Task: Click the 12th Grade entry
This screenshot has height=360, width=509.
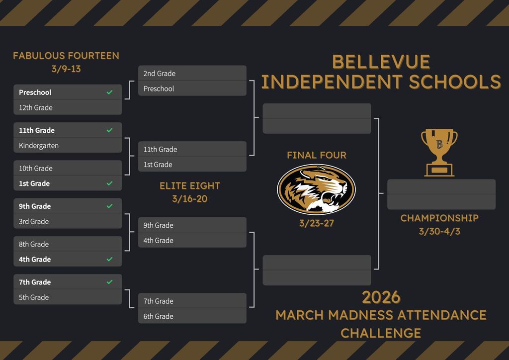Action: [36, 107]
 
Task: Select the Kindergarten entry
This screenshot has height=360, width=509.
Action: [39, 145]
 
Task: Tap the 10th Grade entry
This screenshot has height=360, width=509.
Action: [36, 168]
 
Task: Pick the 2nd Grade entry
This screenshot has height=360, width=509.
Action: [160, 74]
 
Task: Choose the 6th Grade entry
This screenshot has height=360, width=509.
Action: [159, 316]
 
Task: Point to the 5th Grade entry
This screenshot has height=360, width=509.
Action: [34, 297]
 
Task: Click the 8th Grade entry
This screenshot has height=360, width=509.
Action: [34, 244]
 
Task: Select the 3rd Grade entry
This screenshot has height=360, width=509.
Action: [34, 221]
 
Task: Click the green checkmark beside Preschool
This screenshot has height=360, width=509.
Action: [110, 92]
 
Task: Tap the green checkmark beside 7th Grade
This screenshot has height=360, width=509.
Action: [110, 282]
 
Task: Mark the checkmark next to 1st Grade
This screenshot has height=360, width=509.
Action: [110, 183]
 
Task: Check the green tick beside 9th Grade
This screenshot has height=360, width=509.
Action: [110, 206]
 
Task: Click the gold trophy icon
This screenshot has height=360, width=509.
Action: [439, 152]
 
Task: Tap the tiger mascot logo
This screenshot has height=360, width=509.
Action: [316, 189]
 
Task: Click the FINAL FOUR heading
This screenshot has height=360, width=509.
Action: [317, 155]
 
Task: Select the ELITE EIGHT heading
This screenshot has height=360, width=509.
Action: [190, 185]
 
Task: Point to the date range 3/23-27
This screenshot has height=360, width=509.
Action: [317, 223]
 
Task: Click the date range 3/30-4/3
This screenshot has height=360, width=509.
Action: [439, 231]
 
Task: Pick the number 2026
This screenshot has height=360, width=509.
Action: [381, 297]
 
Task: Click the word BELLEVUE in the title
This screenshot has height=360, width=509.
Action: [381, 62]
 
